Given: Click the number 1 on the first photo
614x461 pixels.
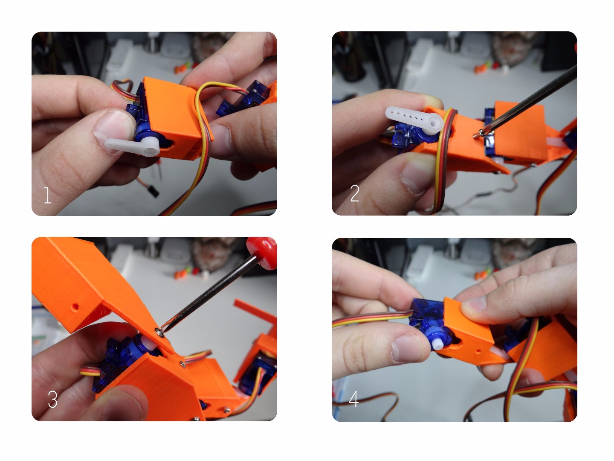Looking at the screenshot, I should (47, 195).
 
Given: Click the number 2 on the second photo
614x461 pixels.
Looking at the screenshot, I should (354, 193).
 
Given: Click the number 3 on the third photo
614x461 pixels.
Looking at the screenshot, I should (52, 400).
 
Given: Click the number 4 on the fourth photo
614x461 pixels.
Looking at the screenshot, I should (353, 400).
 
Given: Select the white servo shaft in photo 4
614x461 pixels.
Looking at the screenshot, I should (438, 342).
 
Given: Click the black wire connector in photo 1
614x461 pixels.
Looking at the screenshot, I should (152, 190).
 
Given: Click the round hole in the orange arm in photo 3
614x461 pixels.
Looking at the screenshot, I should (76, 306).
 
